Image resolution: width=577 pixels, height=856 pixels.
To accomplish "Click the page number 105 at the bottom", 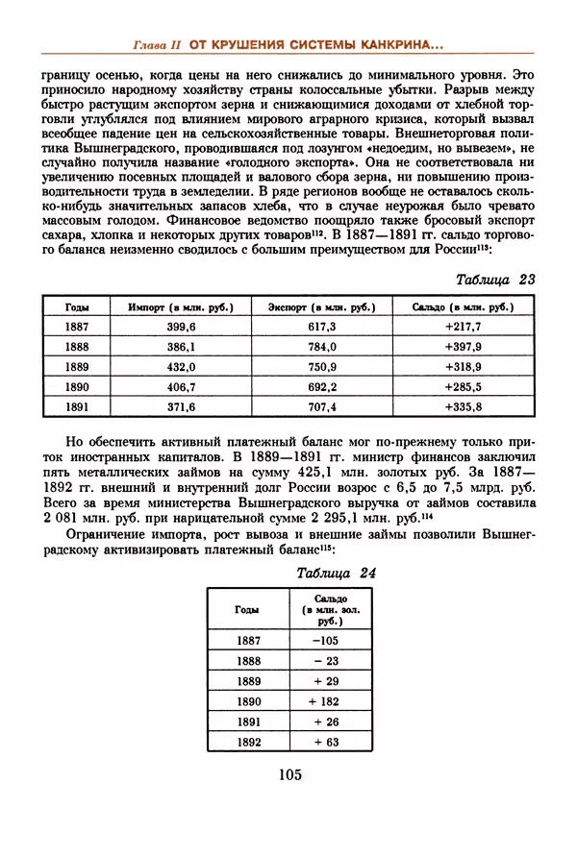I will click(x=289, y=775).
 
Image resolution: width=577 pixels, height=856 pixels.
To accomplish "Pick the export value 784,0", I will click(x=322, y=348).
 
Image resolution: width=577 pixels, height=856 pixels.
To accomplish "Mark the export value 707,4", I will click(x=322, y=408).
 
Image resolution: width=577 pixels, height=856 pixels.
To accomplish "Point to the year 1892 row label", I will click(x=248, y=743).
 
